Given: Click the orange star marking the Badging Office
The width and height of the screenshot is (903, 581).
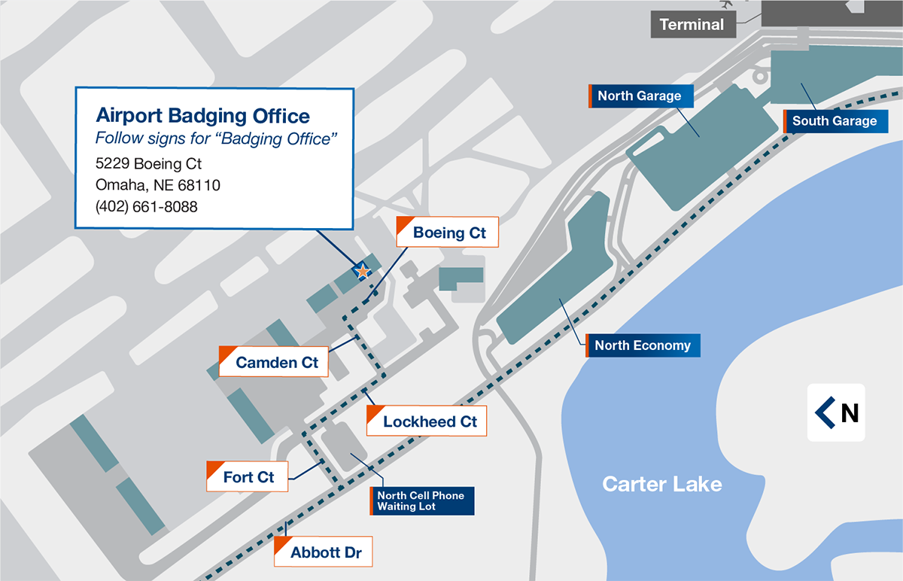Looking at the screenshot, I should (363, 271).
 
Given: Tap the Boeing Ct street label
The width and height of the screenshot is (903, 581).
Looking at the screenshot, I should (448, 233).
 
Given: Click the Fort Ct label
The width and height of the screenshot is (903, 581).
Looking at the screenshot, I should (248, 477).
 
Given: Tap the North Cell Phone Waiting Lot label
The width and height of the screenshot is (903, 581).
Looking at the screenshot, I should (421, 500).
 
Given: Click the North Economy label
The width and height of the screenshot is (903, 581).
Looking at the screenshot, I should (643, 345).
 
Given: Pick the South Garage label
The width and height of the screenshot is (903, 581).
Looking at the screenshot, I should (834, 120).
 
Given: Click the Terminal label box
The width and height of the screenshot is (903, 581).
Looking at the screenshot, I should (691, 25).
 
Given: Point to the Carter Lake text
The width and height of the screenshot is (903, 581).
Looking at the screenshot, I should (661, 484).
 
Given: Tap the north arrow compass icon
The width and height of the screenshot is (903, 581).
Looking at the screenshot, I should (836, 412).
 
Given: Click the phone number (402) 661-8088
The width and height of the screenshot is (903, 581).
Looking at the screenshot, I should (147, 206).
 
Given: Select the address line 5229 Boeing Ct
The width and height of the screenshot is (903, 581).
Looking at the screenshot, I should (149, 163).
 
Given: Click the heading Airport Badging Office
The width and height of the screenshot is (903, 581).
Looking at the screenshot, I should (203, 116).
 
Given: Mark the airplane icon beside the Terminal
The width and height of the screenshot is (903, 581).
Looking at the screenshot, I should (727, 4).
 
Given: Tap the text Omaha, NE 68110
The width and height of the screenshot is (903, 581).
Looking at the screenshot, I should (158, 185).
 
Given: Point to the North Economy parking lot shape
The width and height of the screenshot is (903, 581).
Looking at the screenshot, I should (549, 286).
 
